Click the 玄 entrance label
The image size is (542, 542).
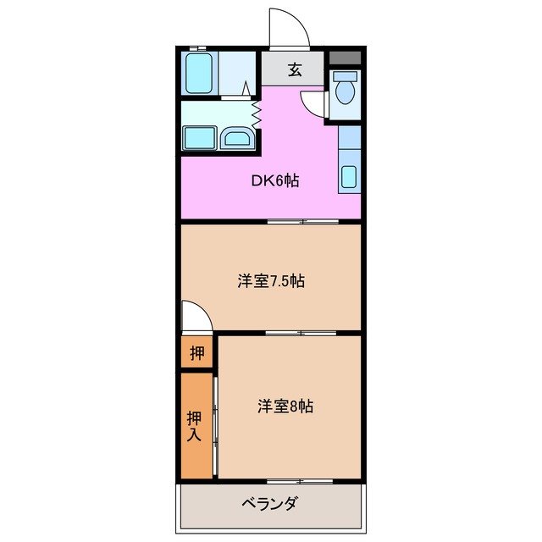click(294, 70)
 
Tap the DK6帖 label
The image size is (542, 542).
click(274, 180)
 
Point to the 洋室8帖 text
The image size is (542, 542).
click(285, 406)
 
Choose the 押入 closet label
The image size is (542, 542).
click(194, 426)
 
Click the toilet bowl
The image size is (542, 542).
click(345, 93)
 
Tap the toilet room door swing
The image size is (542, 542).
click(316, 103)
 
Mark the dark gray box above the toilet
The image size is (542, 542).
click(345, 58)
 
